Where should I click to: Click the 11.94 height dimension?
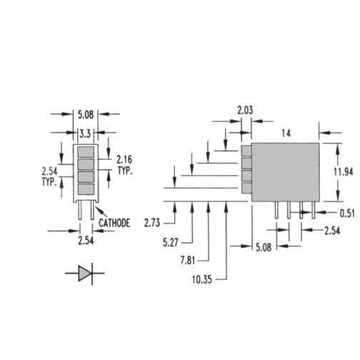point(343,171)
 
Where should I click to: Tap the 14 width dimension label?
point(286,134)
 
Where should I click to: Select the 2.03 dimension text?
point(245,110)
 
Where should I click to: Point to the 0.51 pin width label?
point(347,214)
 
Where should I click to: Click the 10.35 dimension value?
point(202,279)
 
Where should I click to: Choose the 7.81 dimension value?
point(188,261)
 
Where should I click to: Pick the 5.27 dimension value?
point(171,243)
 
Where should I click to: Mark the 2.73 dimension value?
point(152,223)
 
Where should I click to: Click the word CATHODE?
point(114,223)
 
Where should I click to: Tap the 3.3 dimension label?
point(85,134)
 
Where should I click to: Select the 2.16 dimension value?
point(124,159)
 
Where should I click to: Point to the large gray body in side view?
point(286,172)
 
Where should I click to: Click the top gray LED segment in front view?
point(86,152)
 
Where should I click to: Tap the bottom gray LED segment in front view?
point(86,189)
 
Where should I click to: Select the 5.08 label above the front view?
point(86,115)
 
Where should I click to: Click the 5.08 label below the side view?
point(264,248)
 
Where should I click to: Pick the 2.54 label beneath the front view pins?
point(86,241)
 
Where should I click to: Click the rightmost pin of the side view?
point(314,210)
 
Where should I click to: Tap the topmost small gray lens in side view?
point(246,151)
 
